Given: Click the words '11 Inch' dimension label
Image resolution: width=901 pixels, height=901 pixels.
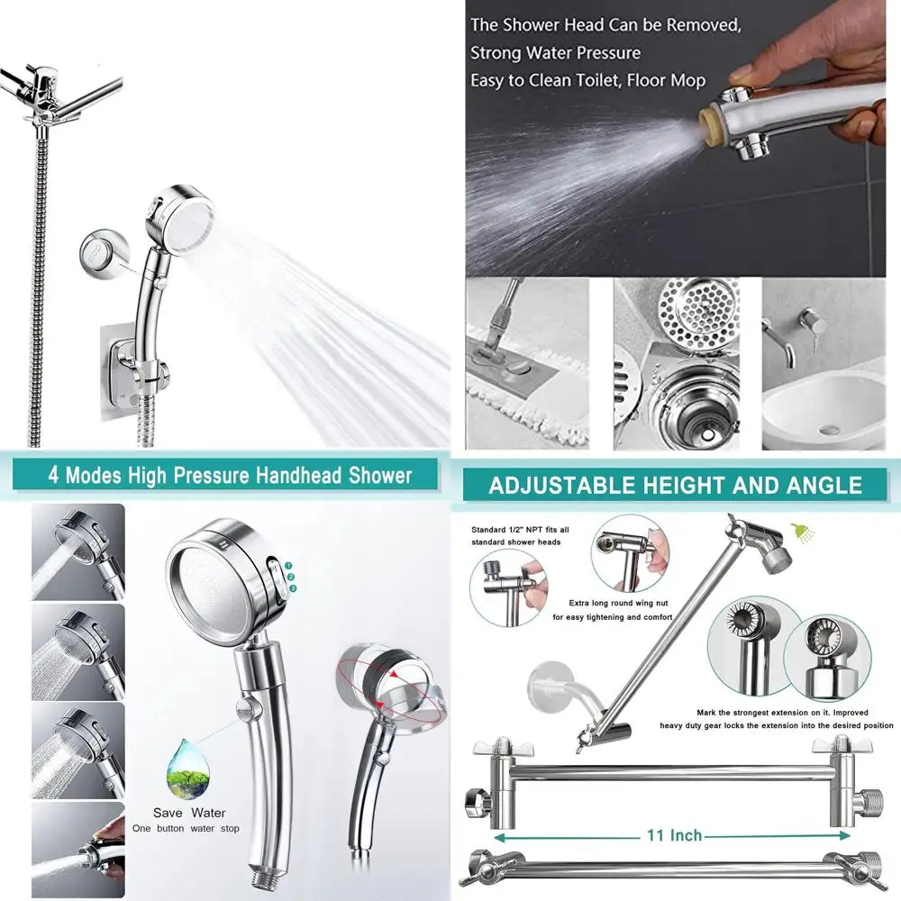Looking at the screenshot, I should pyautogui.click(x=673, y=836).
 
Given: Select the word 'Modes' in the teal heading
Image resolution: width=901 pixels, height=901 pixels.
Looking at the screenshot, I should pyautogui.click(x=122, y=475).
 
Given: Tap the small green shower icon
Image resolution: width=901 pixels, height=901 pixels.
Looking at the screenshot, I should pyautogui.click(x=798, y=531).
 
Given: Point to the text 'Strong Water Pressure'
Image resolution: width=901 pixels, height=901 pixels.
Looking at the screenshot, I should pyautogui.click(x=555, y=53).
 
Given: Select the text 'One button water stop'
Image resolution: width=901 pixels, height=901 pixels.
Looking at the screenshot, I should pyautogui.click(x=186, y=829).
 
